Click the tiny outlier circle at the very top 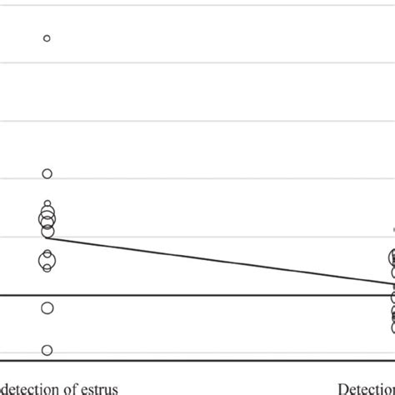[47, 38]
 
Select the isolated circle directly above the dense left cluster [47, 173]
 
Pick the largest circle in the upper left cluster [47, 220]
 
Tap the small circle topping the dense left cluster [47, 204]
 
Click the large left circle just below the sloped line [47, 262]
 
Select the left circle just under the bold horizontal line [47, 308]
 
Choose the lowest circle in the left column [47, 350]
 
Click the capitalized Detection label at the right [367, 387]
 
